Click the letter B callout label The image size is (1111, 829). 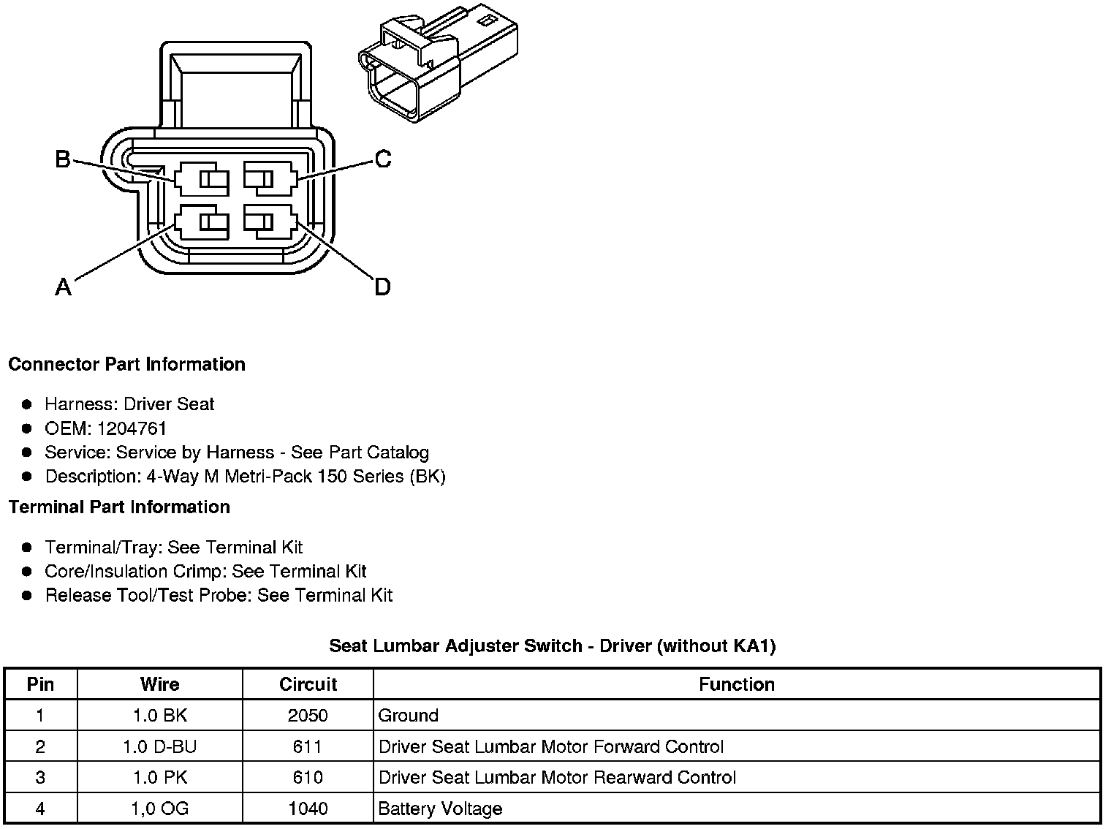click(64, 159)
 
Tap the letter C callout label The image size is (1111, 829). click(383, 159)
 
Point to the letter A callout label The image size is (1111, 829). click(64, 287)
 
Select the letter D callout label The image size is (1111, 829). click(382, 287)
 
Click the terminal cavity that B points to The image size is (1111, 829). click(202, 179)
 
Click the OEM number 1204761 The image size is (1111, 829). click(132, 428)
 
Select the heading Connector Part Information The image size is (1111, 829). click(126, 364)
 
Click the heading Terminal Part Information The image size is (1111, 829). click(119, 507)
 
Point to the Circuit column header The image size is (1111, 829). click(308, 684)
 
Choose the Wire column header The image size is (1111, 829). click(159, 684)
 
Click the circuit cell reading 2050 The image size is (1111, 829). click(308, 716)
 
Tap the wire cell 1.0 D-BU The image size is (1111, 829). click(159, 746)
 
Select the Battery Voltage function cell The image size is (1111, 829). click(440, 809)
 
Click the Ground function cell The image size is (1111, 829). click(408, 716)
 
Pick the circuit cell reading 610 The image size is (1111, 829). click(308, 777)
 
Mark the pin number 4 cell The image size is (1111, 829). click(40, 809)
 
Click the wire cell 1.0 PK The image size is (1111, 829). click(159, 777)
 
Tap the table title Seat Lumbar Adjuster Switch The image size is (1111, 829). click(552, 646)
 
